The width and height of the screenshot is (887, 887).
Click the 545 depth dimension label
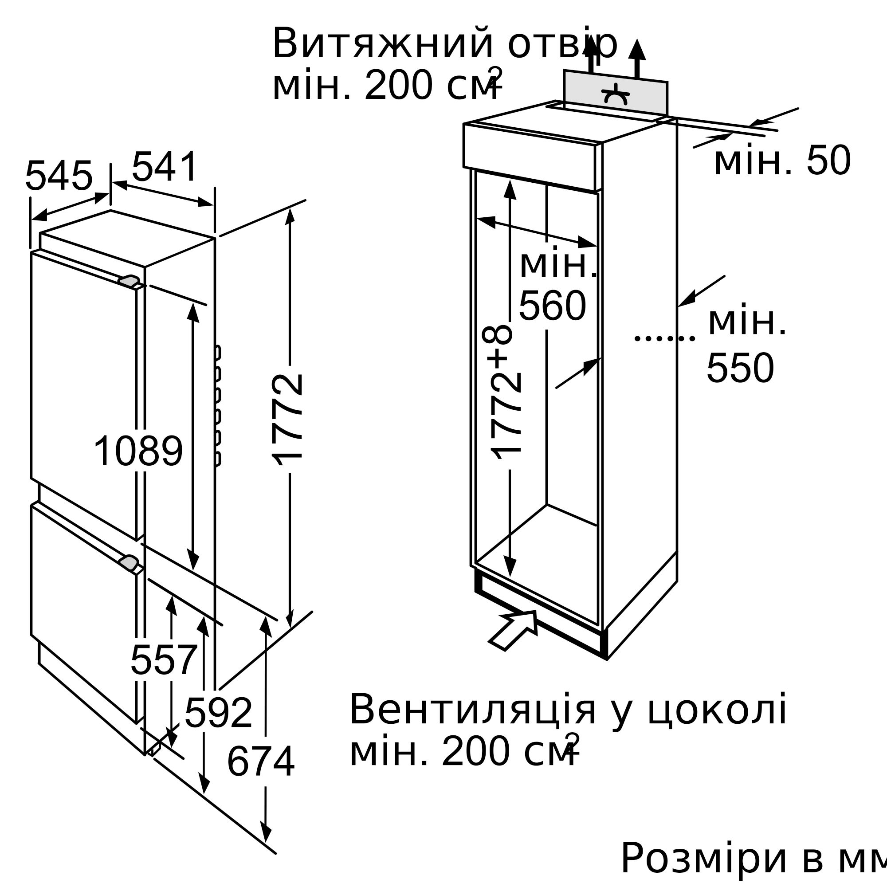(59, 176)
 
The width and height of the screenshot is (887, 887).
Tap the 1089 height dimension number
(138, 451)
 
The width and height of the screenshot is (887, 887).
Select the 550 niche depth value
(741, 368)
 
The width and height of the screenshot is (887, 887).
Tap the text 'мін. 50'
(782, 161)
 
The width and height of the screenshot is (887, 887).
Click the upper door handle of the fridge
(129, 281)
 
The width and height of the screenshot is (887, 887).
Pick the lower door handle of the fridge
(129, 562)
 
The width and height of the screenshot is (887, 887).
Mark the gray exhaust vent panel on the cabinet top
(616, 92)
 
